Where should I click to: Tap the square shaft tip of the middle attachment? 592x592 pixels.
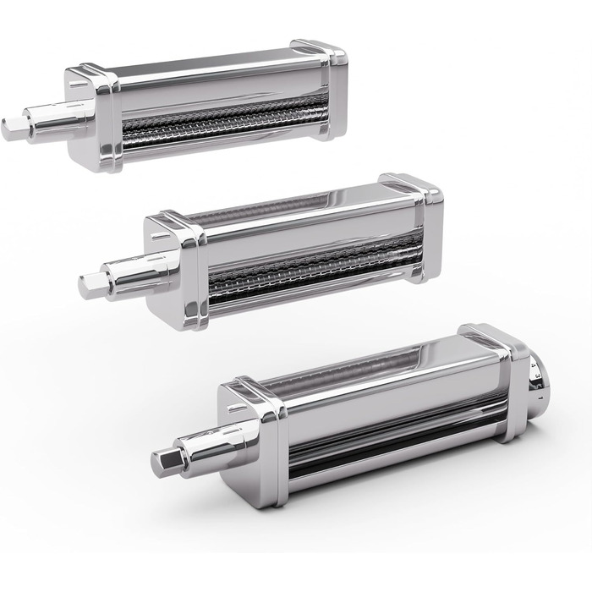(90, 286)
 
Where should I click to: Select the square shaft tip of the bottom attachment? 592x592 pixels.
(165, 460)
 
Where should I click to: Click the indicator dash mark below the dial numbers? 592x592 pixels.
(538, 391)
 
